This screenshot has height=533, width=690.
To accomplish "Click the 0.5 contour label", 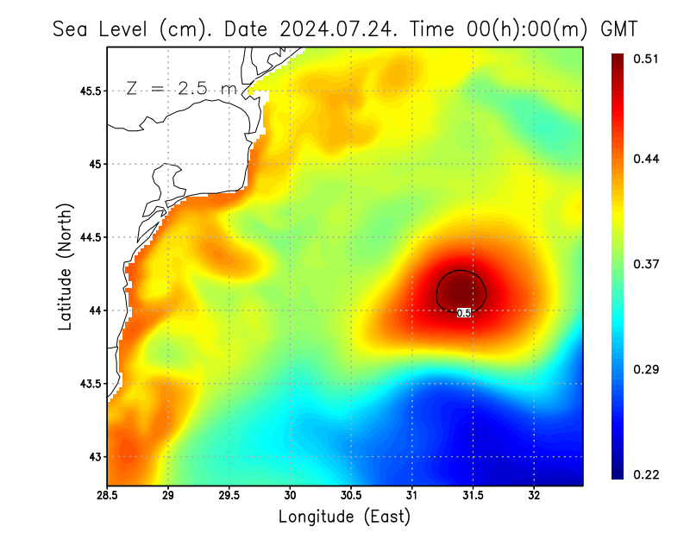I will pos(463,313).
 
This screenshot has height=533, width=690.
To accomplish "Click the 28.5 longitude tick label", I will pos(107,496).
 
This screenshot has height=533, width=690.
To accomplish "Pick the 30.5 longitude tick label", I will pos(351,496).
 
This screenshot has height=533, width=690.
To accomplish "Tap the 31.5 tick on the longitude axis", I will pos(473,496).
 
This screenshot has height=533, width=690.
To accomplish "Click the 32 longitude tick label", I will pos(534,496).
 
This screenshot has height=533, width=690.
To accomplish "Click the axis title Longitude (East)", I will pos(344,517).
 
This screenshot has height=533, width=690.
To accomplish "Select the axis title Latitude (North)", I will pos(66,266).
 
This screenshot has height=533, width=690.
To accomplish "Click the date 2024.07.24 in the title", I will pos(334,28).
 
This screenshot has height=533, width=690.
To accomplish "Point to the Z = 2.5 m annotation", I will pos(179,89).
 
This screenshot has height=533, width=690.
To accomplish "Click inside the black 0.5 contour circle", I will pos(462,288).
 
